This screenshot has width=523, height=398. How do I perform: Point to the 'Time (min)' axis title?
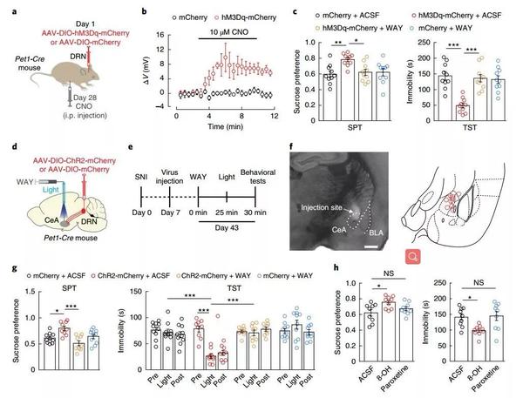218,125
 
